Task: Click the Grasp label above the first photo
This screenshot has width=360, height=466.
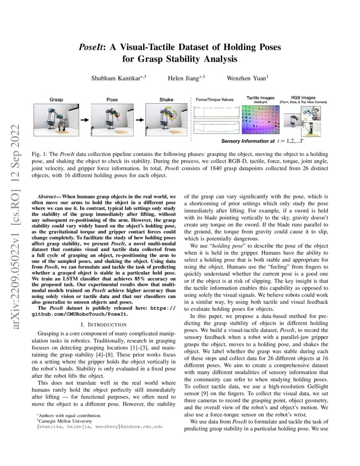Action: pyautogui.click(x=56, y=100)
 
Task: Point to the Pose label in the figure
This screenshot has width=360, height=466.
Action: pyautogui.click(x=112, y=100)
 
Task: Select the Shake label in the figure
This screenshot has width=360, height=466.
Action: pyautogui.click(x=166, y=100)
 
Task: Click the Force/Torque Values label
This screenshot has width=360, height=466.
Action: pyautogui.click(x=214, y=100)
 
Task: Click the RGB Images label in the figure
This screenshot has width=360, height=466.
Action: pyautogui.click(x=303, y=97)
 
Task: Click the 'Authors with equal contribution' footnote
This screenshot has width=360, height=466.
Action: pyautogui.click(x=69, y=416)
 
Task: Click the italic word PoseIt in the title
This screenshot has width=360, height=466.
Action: pyautogui.click(x=91, y=47)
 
